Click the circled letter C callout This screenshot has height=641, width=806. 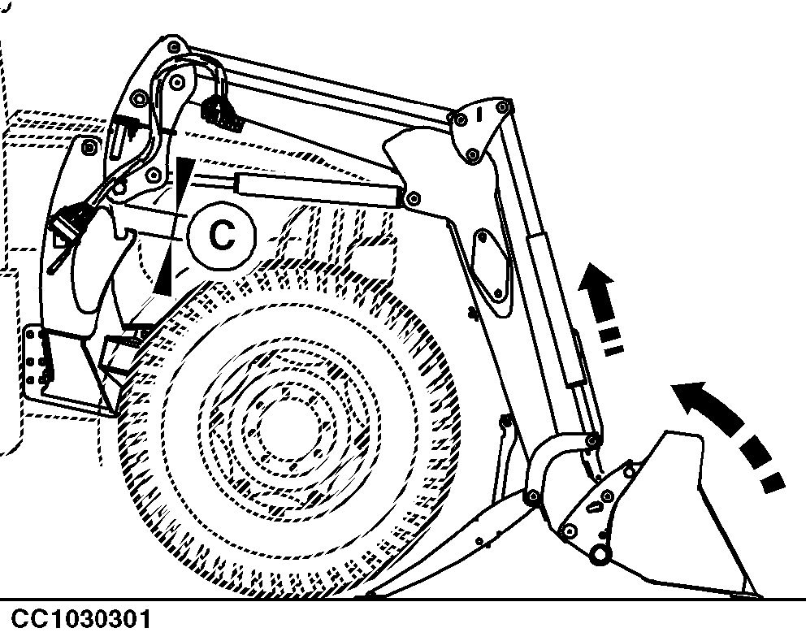point(222,235)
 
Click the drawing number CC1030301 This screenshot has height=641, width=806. point(81,619)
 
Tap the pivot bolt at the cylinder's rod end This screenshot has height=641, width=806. point(412,198)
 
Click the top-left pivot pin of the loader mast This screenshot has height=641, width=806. point(174,48)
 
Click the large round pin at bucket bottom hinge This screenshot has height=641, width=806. point(600,554)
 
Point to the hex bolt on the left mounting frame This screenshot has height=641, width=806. point(89,148)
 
